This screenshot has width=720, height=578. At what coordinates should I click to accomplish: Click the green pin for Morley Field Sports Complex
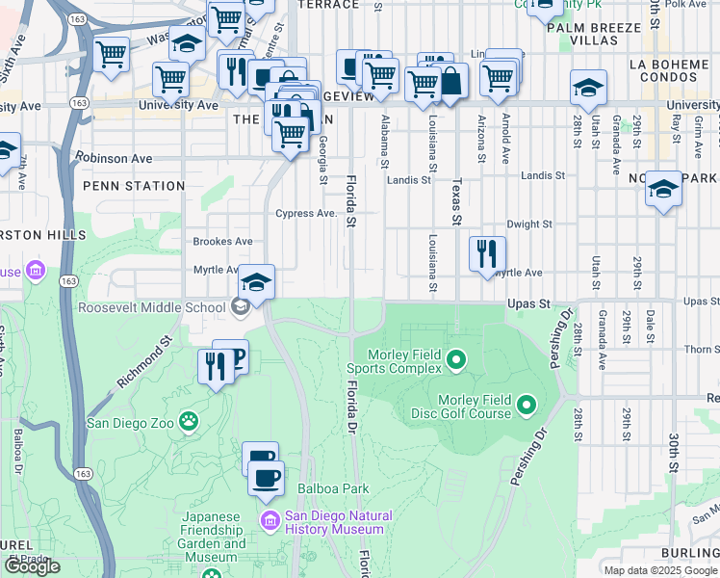point(457,361)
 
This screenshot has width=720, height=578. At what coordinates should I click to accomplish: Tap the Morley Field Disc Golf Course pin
point(527,406)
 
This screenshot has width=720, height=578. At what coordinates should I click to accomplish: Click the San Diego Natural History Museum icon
point(270,521)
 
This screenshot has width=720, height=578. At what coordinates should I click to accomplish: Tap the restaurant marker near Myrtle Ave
point(487,253)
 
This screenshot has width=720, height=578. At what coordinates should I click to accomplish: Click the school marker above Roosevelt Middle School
point(256,282)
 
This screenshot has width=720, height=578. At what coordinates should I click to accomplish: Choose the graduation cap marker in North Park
point(663,189)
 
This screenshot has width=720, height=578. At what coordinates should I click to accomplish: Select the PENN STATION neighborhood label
point(134,186)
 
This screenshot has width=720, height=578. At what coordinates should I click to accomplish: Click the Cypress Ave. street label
point(306,213)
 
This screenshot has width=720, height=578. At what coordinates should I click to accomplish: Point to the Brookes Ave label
point(222,242)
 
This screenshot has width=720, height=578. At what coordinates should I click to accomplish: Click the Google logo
point(33,565)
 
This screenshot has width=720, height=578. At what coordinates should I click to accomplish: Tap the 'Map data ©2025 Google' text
point(660,570)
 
